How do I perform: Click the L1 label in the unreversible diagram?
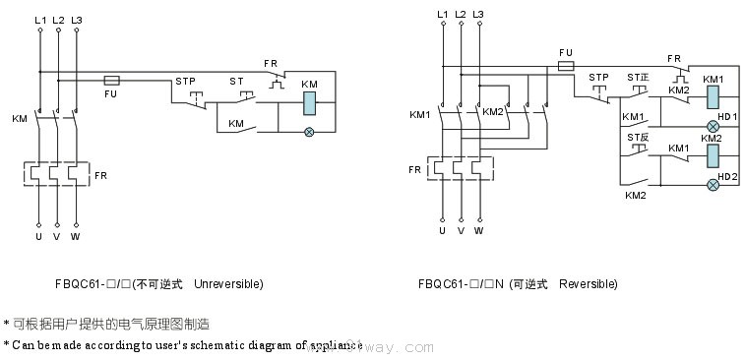(39, 20)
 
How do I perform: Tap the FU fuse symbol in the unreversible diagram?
(111, 76)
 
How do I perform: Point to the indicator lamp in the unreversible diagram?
(310, 132)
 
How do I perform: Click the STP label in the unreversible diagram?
(186, 80)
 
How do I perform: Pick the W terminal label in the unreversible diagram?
(76, 238)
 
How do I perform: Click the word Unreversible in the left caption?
(229, 283)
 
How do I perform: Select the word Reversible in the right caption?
(589, 283)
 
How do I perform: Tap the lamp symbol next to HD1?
(714, 127)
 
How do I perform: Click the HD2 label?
(728, 176)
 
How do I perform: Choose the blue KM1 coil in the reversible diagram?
(714, 96)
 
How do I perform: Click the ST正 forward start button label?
(639, 77)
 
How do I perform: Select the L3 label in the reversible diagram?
(478, 13)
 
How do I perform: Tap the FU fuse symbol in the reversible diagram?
(566, 66)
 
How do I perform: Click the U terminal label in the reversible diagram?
(442, 231)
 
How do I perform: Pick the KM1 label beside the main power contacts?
(420, 114)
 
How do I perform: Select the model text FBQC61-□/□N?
(461, 283)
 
